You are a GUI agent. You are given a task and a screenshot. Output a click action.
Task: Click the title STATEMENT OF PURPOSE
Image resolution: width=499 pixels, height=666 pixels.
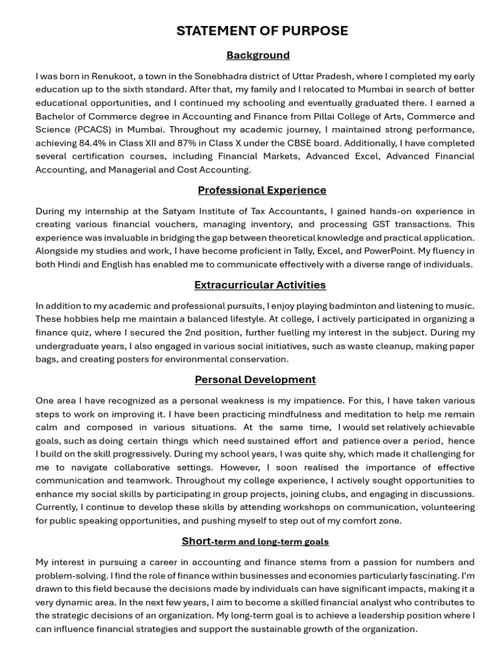coord(262,31)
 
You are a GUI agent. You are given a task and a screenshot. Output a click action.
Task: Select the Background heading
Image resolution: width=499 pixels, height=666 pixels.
coord(258,55)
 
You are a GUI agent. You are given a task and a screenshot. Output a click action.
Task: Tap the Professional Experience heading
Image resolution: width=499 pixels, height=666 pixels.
coord(262,190)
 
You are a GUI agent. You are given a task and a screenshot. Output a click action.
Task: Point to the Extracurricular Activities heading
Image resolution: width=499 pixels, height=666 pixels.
coord(260,285)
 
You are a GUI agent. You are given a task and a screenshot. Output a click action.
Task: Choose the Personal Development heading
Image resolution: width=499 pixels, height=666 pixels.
coord(255,380)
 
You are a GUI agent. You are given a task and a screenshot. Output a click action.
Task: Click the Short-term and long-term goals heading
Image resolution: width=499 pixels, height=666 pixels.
coord(255,541)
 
